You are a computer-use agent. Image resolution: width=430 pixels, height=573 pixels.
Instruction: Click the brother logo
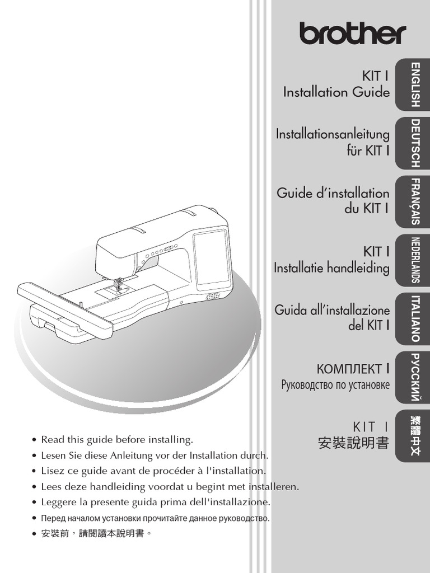coord(352,34)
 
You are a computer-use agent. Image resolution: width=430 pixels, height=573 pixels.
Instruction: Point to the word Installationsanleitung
coord(333,134)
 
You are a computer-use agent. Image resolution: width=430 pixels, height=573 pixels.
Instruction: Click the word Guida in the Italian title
coord(292,310)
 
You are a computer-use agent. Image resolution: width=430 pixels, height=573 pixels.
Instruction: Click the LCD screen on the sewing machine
coord(212,256)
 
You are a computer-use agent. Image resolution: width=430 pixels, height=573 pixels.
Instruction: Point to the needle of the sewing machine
coord(117,284)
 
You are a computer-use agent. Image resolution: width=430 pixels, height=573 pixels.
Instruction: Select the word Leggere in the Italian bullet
coord(58,502)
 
